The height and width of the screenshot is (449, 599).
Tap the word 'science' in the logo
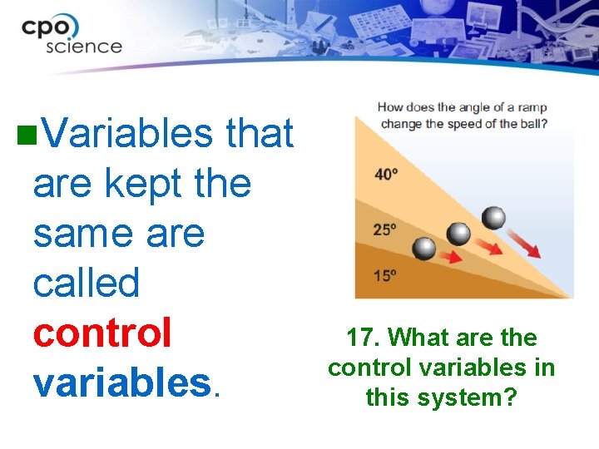coord(83,46)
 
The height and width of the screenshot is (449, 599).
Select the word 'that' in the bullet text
coord(260,134)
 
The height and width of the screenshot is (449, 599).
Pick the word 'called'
coord(87,283)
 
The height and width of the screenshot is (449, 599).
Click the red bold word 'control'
coord(102,332)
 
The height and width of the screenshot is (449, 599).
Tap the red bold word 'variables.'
coord(126,382)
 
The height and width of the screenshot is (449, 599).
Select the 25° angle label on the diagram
coord(384,230)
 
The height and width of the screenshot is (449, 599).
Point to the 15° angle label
coord(384,275)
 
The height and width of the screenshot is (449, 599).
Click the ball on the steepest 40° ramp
coord(493,218)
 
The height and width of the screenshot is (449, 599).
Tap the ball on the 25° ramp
coord(458,234)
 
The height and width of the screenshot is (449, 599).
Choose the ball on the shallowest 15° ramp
coord(424,248)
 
